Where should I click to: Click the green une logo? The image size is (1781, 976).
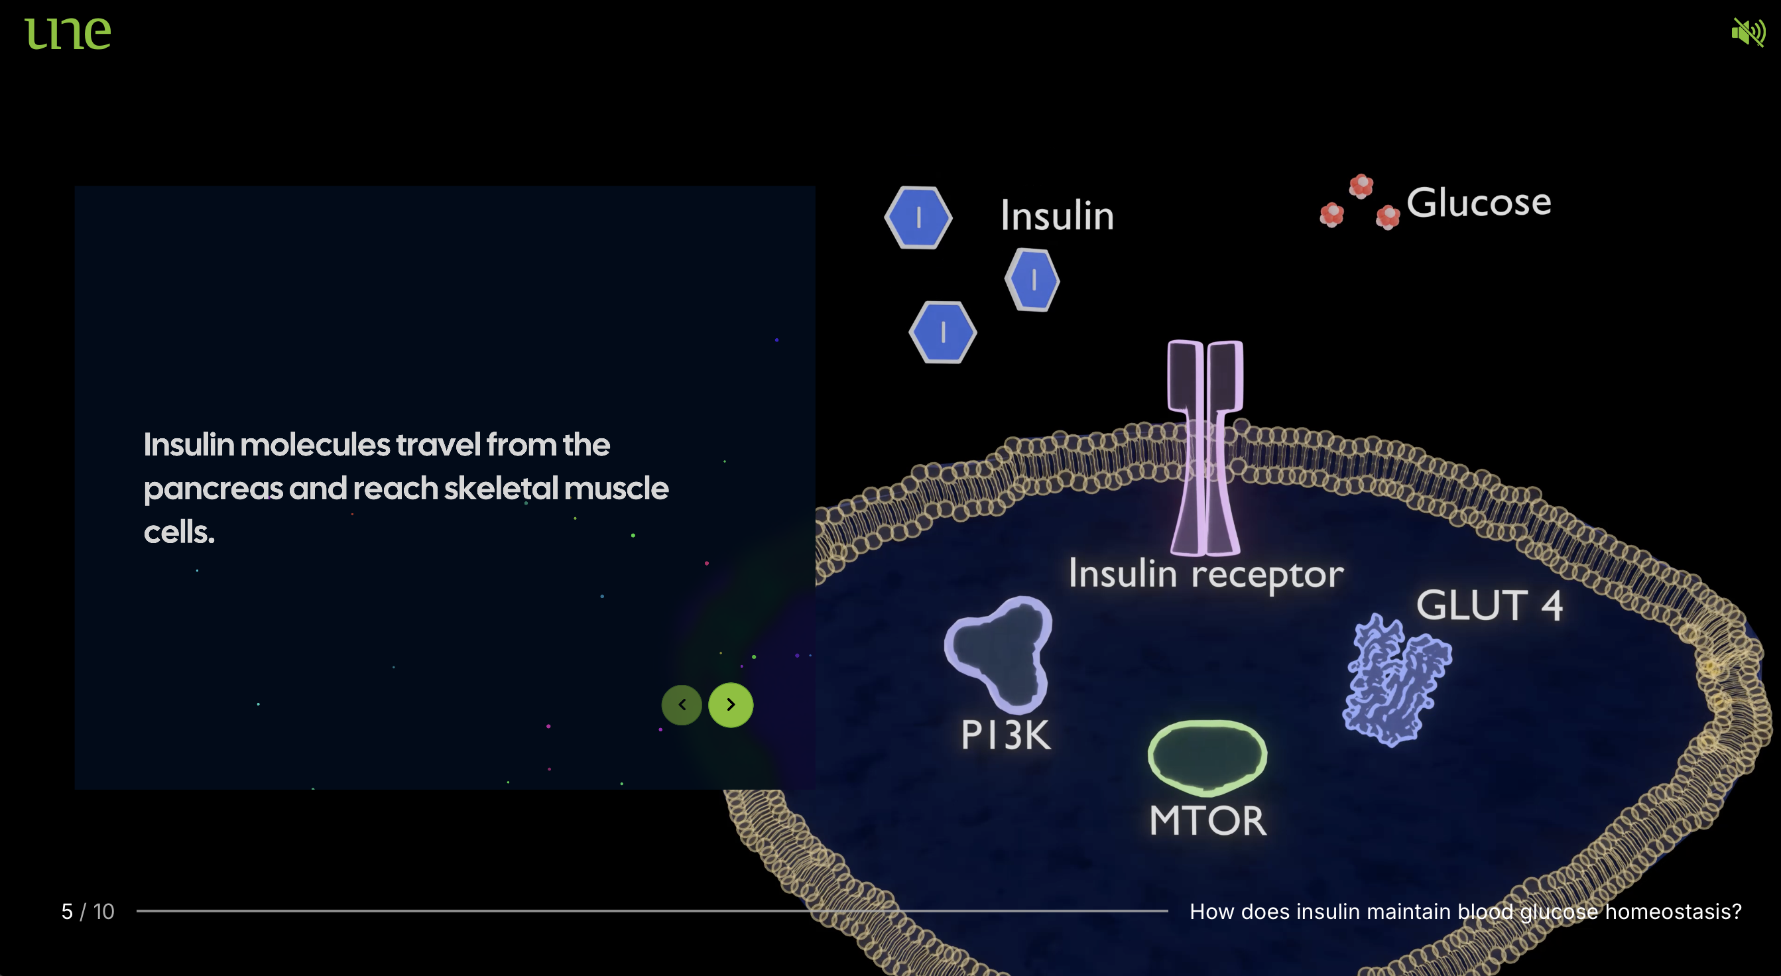(68, 33)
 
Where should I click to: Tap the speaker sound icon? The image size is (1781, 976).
(1748, 32)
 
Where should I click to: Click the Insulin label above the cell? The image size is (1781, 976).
(1057, 215)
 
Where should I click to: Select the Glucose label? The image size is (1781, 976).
(1479, 202)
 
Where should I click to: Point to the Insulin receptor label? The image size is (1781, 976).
(1205, 574)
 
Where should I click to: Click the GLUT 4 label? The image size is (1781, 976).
(1489, 605)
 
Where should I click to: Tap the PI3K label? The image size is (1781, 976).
(1006, 735)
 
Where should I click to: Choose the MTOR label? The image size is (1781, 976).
(1208, 820)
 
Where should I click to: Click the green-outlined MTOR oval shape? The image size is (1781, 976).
(1207, 756)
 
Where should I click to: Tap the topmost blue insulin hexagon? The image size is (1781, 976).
(918, 217)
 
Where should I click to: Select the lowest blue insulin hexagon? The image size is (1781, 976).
(942, 332)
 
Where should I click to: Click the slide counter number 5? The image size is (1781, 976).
(67, 912)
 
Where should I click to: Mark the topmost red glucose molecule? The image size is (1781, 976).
(1361, 185)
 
